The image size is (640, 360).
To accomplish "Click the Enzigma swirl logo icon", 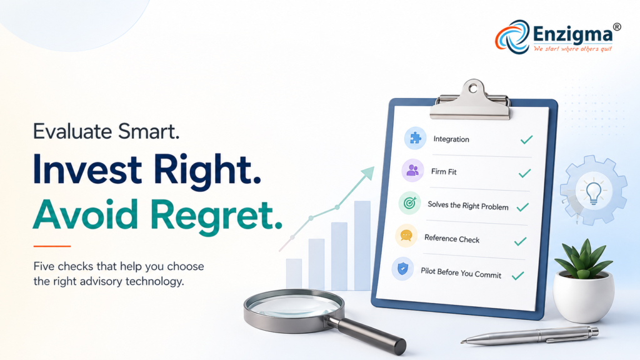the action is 512,37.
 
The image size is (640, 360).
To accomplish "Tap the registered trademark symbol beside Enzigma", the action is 617,27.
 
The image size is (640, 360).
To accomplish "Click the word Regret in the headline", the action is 216,215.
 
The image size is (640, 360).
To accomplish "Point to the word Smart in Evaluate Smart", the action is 149,131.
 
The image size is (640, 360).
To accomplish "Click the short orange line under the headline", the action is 52,246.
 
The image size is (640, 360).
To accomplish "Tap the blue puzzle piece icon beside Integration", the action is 415,138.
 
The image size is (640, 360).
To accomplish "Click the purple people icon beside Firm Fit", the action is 412,170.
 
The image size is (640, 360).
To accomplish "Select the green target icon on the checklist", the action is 409,203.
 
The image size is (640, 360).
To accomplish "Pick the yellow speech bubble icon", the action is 406,236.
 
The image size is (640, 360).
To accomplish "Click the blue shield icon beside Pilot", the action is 403,269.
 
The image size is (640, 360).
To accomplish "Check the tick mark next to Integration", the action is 526,139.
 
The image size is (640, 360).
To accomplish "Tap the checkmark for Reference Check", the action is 520,242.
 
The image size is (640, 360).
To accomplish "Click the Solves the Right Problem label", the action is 467,206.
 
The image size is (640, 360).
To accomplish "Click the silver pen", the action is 530,335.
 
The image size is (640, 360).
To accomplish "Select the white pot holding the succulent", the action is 583,296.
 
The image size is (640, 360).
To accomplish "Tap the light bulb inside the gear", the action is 594,192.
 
